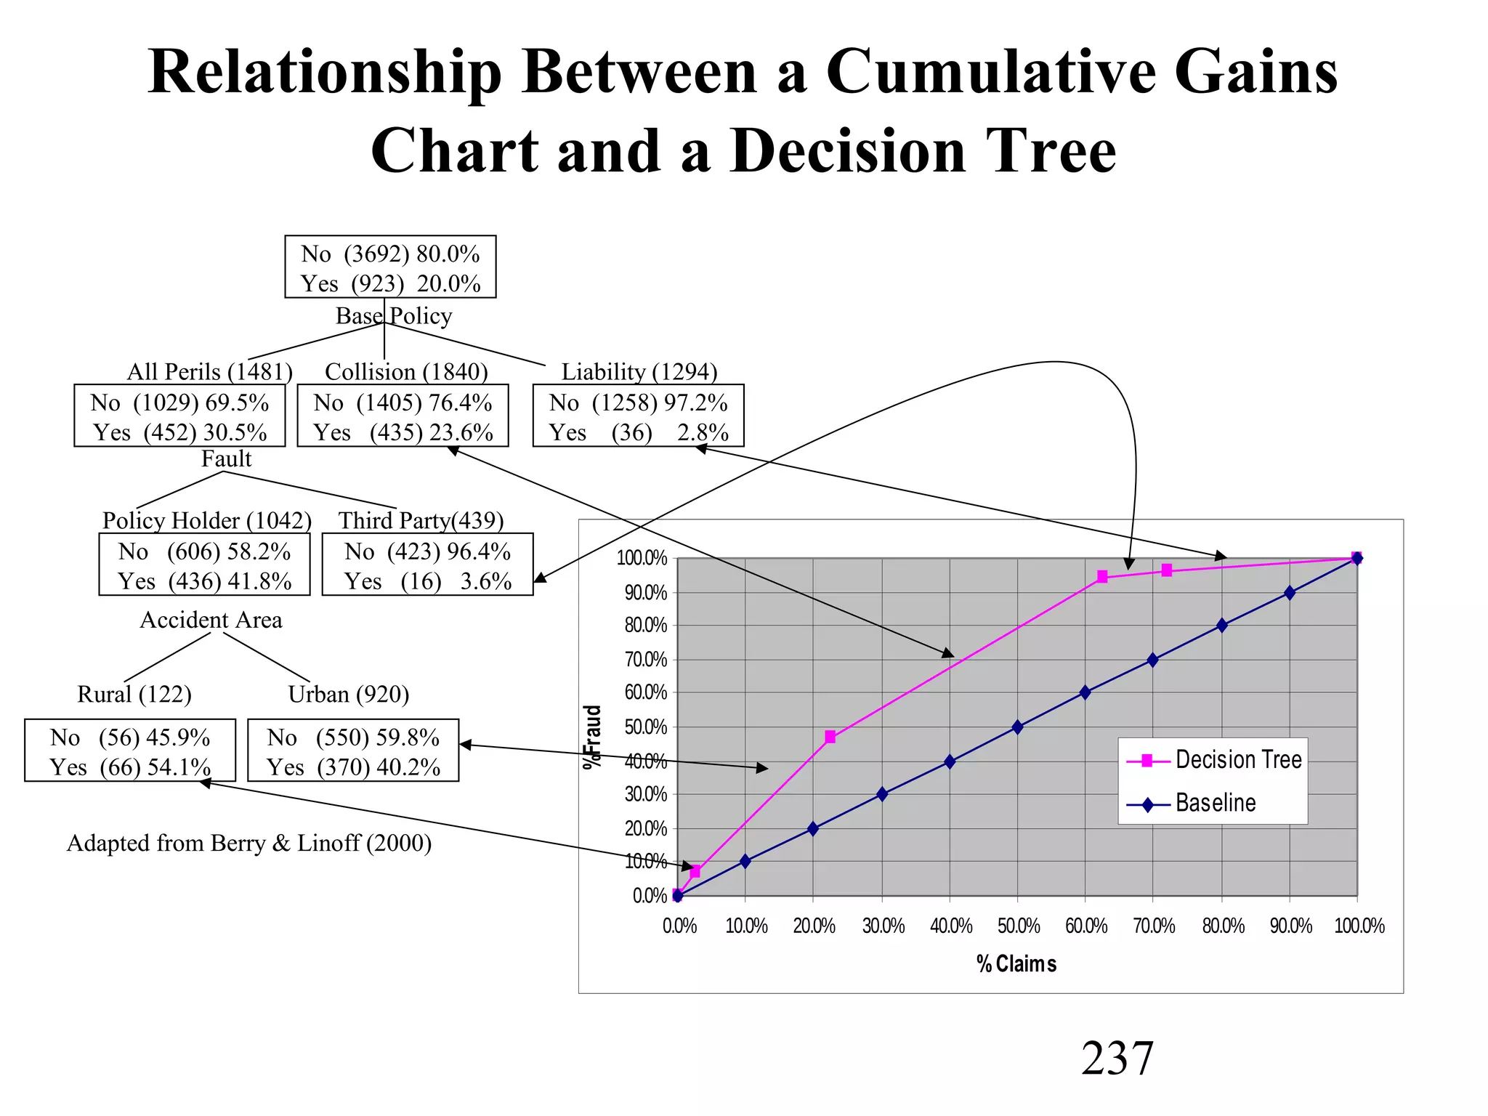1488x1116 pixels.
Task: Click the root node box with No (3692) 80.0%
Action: click(x=390, y=267)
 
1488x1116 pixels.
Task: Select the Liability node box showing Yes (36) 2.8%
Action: click(x=638, y=416)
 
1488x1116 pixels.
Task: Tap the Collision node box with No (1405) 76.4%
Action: click(x=403, y=416)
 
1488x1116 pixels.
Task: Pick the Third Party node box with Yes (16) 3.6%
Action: click(x=427, y=565)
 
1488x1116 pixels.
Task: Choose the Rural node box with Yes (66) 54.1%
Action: click(x=130, y=751)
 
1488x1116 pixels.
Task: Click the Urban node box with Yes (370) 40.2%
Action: click(x=353, y=751)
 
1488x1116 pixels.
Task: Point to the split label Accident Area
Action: click(x=211, y=620)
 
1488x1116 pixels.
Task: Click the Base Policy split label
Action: click(x=394, y=316)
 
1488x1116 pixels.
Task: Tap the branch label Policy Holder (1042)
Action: click(x=207, y=520)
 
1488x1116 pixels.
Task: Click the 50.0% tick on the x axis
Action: click(x=1018, y=926)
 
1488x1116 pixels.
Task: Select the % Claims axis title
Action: click(x=1016, y=964)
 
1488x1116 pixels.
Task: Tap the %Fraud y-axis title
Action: click(x=594, y=736)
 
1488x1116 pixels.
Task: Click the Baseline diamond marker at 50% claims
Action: click(x=1017, y=727)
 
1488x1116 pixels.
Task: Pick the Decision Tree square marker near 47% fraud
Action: click(x=830, y=737)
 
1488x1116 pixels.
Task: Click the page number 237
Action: click(x=1117, y=1058)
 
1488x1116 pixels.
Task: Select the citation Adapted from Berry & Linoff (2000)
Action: click(x=249, y=843)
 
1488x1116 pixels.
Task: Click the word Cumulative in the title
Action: click(x=990, y=72)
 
